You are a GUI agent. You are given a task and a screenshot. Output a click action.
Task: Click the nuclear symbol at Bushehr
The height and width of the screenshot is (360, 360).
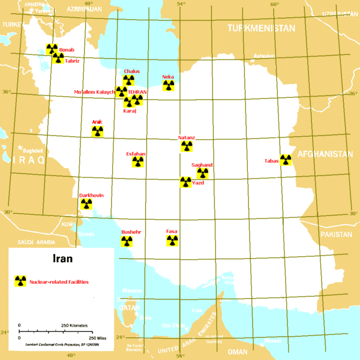point(126,241)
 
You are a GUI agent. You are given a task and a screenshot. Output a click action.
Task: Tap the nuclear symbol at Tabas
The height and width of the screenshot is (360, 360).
point(286,160)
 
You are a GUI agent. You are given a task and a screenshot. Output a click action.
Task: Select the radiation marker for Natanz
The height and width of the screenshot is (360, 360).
point(187,146)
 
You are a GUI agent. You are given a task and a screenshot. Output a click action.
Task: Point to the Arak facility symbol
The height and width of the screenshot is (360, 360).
point(97,131)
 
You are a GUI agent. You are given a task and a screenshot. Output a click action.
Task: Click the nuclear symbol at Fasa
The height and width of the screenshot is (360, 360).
point(172,241)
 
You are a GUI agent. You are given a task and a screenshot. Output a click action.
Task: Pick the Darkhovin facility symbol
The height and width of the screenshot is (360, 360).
point(86,204)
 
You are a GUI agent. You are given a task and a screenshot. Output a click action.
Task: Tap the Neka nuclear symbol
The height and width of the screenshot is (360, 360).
point(169,86)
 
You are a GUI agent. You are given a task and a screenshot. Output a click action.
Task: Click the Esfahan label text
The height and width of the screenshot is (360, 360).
point(136,154)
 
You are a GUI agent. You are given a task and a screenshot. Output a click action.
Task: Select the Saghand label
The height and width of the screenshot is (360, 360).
point(202,165)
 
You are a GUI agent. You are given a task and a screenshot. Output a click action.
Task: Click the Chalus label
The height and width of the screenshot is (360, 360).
point(131,71)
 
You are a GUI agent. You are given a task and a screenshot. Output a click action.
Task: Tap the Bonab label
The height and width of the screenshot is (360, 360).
point(67,50)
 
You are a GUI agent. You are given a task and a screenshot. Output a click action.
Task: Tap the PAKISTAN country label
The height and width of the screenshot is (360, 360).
point(335,234)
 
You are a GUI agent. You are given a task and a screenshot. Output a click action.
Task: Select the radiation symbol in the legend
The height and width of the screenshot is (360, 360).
point(20,281)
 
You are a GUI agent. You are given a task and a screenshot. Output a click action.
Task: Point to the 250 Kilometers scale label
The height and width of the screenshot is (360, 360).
point(75,325)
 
